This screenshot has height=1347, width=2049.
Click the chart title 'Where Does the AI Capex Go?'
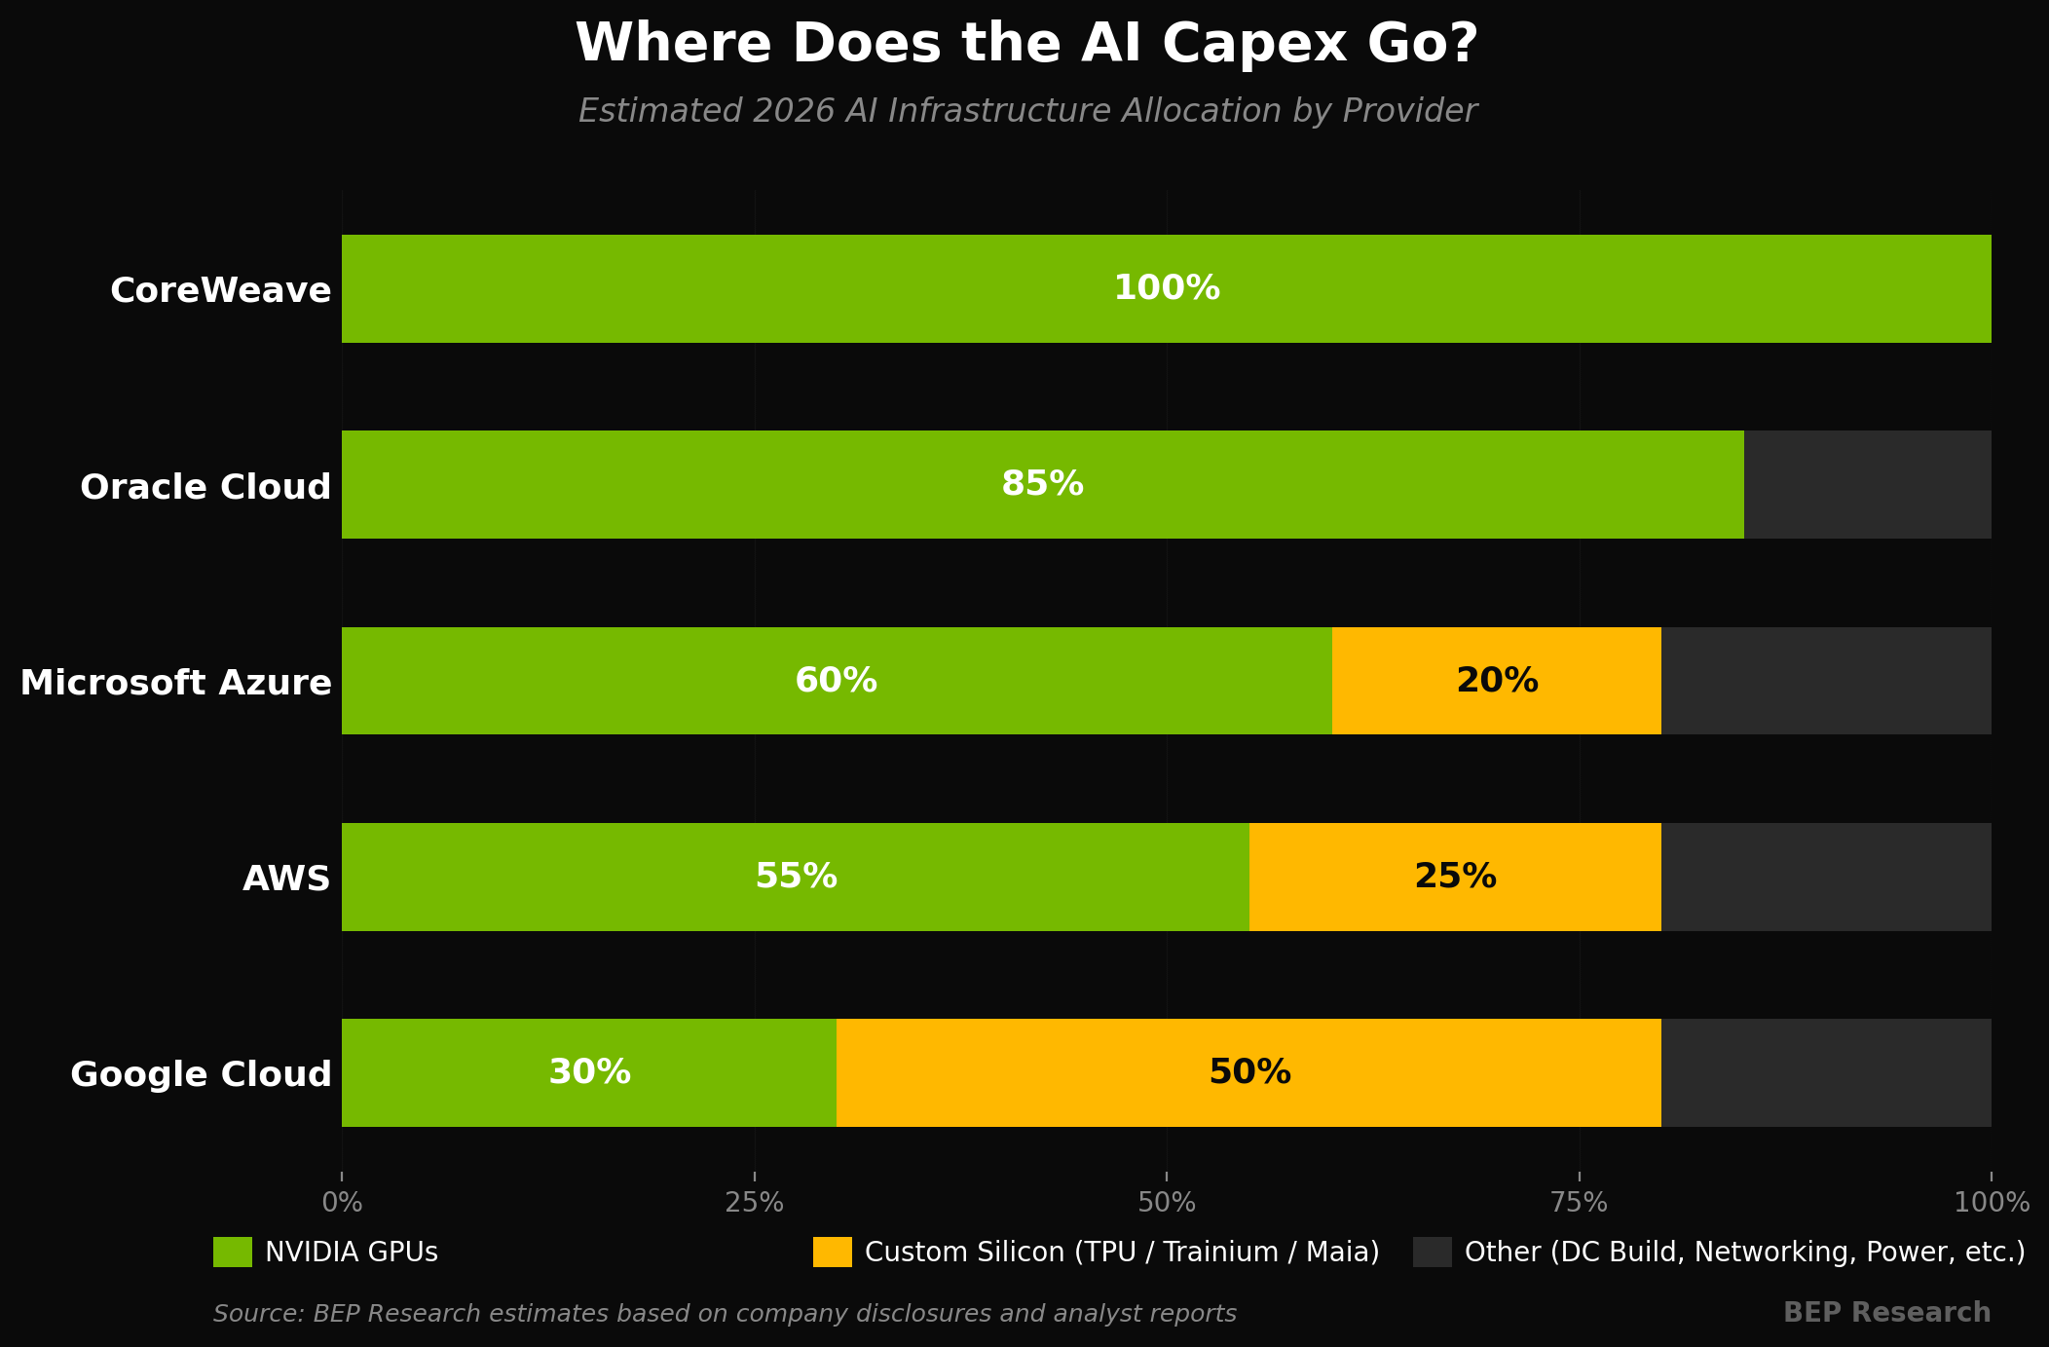click(1026, 45)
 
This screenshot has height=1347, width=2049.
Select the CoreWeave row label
click(221, 290)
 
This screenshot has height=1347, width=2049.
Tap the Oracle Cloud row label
click(205, 487)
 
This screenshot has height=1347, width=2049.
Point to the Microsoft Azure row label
click(176, 683)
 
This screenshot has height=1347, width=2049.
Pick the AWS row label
click(287, 879)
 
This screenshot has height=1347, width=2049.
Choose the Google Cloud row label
click(202, 1074)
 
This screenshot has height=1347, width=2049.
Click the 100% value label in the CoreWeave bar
click(1167, 288)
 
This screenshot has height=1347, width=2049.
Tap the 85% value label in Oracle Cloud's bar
click(1042, 484)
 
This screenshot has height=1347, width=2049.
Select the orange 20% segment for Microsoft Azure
click(1497, 681)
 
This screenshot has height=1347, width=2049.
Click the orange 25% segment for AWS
click(1455, 877)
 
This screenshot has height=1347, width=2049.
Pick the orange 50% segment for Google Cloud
click(1248, 1072)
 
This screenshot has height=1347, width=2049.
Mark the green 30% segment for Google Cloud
click(589, 1072)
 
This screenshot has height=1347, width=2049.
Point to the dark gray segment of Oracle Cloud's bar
click(1868, 484)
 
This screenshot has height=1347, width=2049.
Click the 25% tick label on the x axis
click(755, 1203)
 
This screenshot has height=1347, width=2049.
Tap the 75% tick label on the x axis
click(1579, 1203)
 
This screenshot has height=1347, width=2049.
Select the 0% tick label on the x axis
click(342, 1203)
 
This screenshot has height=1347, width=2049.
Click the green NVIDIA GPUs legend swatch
click(233, 1252)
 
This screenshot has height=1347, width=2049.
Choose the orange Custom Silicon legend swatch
click(833, 1252)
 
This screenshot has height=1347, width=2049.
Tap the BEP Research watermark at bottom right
click(1887, 1313)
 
